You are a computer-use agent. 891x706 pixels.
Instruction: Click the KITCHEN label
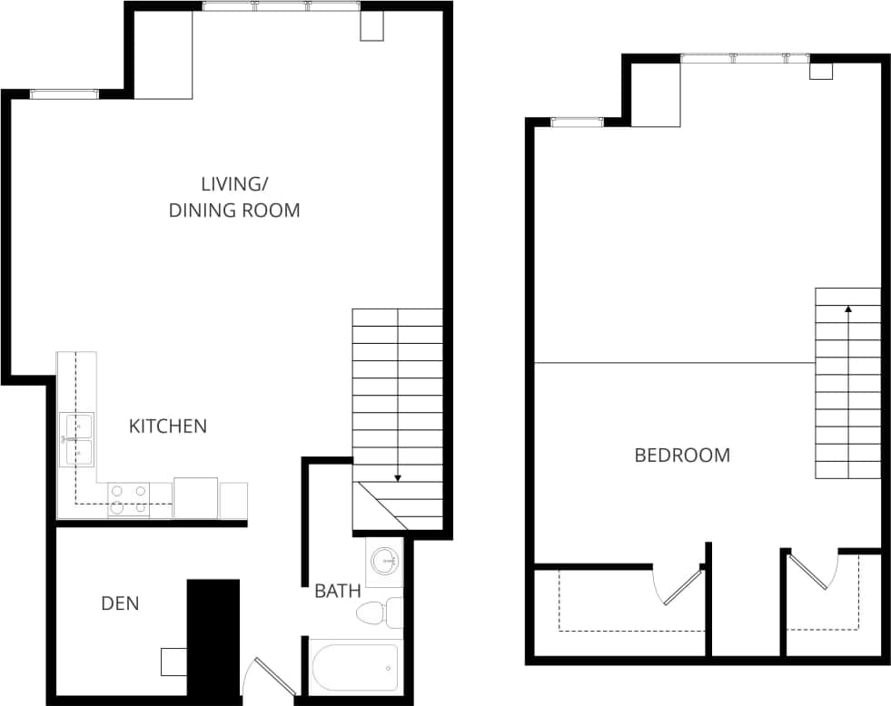168,426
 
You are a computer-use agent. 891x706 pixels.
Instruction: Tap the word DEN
120,603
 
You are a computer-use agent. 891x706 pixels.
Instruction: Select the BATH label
338,592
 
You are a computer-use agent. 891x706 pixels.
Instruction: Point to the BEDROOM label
682,456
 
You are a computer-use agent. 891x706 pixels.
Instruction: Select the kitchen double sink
76,439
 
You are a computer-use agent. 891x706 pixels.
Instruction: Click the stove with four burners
129,499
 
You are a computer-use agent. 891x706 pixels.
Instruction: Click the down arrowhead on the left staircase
398,477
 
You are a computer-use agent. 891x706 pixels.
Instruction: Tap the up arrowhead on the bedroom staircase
848,309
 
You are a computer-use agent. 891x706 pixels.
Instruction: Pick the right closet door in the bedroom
811,572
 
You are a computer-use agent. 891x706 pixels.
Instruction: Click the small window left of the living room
64,93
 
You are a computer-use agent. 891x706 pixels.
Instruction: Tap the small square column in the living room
372,25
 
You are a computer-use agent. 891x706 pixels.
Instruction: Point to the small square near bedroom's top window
821,71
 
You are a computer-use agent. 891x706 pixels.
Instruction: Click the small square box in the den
173,662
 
